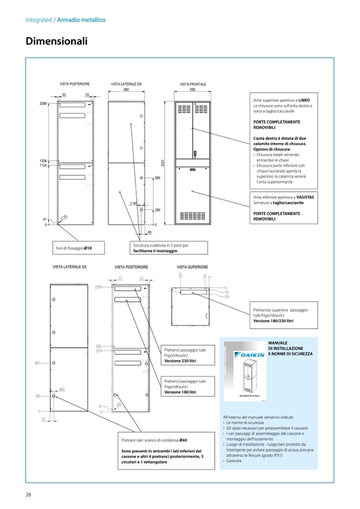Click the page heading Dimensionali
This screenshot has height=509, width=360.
coord(56,41)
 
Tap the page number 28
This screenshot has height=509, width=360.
coord(29,495)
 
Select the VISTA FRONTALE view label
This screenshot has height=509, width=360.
coord(193,84)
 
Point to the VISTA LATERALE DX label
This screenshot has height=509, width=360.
coord(126,84)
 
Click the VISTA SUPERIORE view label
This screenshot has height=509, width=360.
coord(192,266)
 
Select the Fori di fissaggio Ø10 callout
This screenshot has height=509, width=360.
coord(74,248)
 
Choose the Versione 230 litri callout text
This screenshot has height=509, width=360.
coord(181,361)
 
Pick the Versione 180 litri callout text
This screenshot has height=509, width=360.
coord(181,392)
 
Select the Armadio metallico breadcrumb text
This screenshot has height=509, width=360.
coord(81,20)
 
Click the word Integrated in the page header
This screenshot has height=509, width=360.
coord(39,20)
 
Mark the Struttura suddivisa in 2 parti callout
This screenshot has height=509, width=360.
coord(161,248)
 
